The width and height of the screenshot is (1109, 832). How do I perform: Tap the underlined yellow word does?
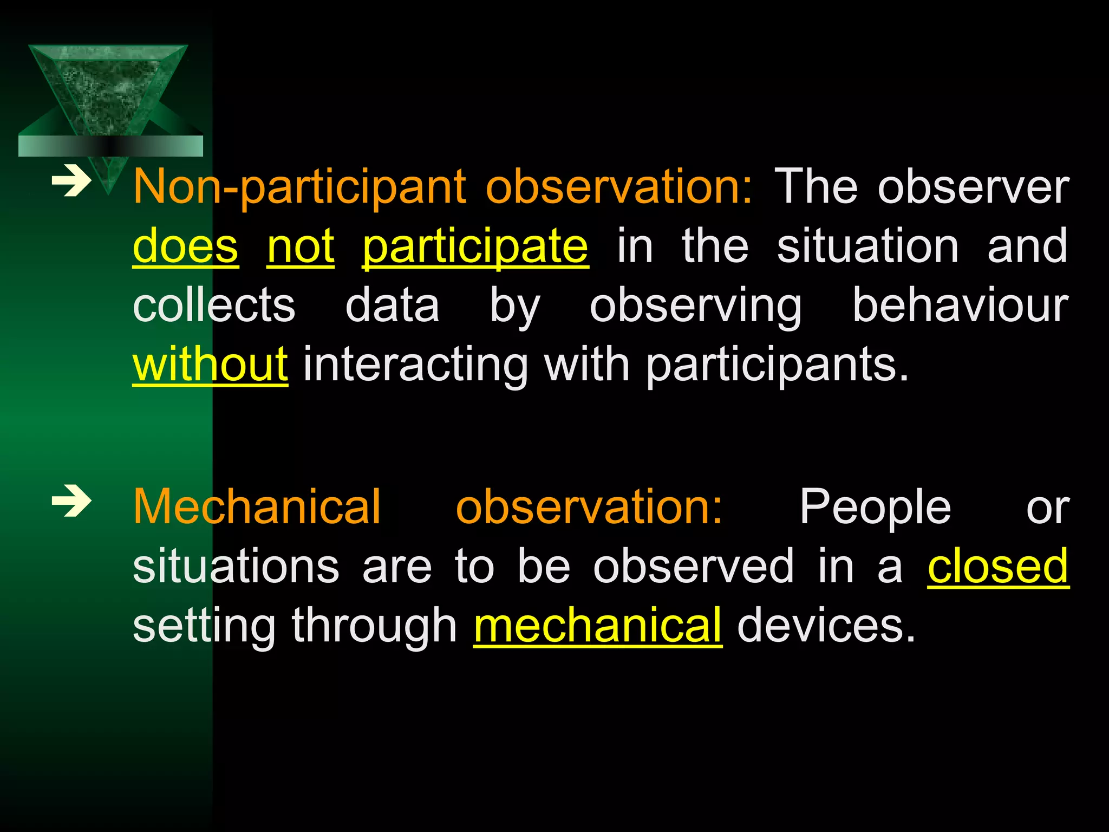[x=185, y=247]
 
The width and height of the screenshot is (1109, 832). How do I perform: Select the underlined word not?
[x=301, y=247]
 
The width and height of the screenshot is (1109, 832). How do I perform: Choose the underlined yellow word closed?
[x=998, y=567]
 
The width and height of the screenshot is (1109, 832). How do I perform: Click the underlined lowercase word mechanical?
[x=597, y=626]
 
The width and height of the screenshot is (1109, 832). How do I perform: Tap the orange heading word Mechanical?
[x=257, y=507]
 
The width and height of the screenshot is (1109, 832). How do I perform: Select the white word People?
[x=875, y=508]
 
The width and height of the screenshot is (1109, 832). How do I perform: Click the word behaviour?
[x=960, y=306]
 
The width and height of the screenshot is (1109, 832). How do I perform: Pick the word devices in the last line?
[x=826, y=626]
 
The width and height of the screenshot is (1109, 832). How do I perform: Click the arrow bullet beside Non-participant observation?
[x=71, y=182]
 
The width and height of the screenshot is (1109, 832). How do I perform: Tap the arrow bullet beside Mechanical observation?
[x=71, y=502]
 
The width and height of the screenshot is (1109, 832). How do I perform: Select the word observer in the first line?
[x=973, y=187]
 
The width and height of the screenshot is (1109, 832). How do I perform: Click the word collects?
[x=214, y=306]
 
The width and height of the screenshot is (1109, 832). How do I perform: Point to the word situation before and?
[x=867, y=247]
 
